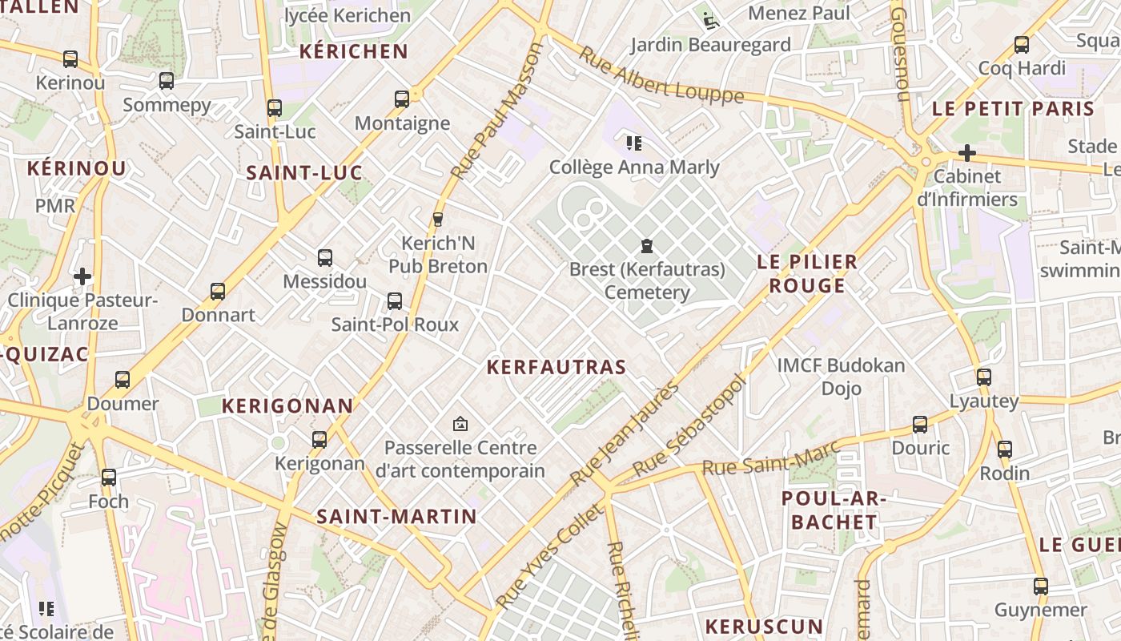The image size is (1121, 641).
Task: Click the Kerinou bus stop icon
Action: click(70, 59)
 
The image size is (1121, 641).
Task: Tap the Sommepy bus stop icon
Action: click(167, 81)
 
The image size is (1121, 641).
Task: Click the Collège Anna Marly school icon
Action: click(634, 143)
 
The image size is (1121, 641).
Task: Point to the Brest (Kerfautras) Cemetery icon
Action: click(646, 245)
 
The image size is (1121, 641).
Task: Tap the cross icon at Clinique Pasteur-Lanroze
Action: click(82, 277)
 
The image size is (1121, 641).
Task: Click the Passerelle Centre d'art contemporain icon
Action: click(460, 424)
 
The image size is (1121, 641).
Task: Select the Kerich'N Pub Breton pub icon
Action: click(437, 220)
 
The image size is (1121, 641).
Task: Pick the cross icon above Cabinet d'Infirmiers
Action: click(967, 152)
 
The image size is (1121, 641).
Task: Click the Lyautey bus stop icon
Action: click(983, 377)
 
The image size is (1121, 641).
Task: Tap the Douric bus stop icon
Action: click(920, 425)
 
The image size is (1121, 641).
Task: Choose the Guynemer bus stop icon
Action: click(1040, 587)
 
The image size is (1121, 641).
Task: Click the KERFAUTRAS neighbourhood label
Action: click(556, 367)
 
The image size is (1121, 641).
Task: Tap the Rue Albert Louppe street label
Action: click(661, 75)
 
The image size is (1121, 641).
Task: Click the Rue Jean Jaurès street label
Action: click(626, 433)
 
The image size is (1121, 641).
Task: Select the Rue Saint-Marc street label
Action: click(771, 457)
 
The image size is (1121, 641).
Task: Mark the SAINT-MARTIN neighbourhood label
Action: click(396, 517)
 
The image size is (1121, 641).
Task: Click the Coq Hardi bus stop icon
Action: click(1022, 45)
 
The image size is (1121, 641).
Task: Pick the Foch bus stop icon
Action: click(108, 478)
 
